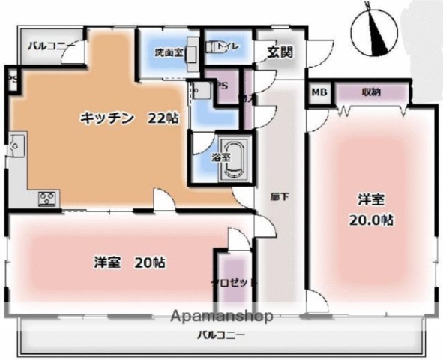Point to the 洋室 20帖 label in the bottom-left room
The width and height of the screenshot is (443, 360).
(130, 262)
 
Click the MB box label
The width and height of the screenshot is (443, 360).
(319, 92)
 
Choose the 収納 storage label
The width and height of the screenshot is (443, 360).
(370, 92)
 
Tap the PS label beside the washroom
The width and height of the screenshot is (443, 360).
(223, 85)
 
